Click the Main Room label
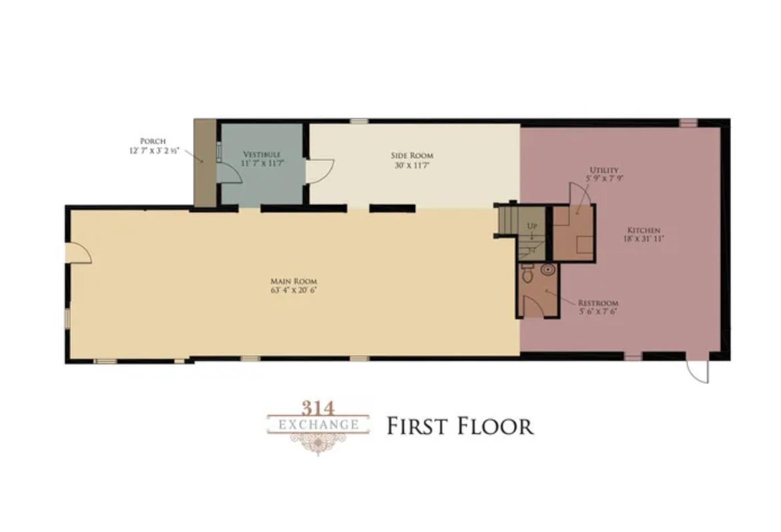[293, 282]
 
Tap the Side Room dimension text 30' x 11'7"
[412, 166]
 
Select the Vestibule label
[262, 154]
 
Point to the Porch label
[153, 142]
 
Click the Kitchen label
[643, 230]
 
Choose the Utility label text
[604, 170]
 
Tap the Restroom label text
[598, 303]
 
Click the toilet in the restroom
[527, 274]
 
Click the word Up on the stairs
[532, 226]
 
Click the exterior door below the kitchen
[698, 369]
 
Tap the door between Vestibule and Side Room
[319, 171]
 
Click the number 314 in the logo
[318, 409]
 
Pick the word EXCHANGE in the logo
[318, 425]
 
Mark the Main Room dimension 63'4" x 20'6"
[293, 290]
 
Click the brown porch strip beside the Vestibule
[205, 163]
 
